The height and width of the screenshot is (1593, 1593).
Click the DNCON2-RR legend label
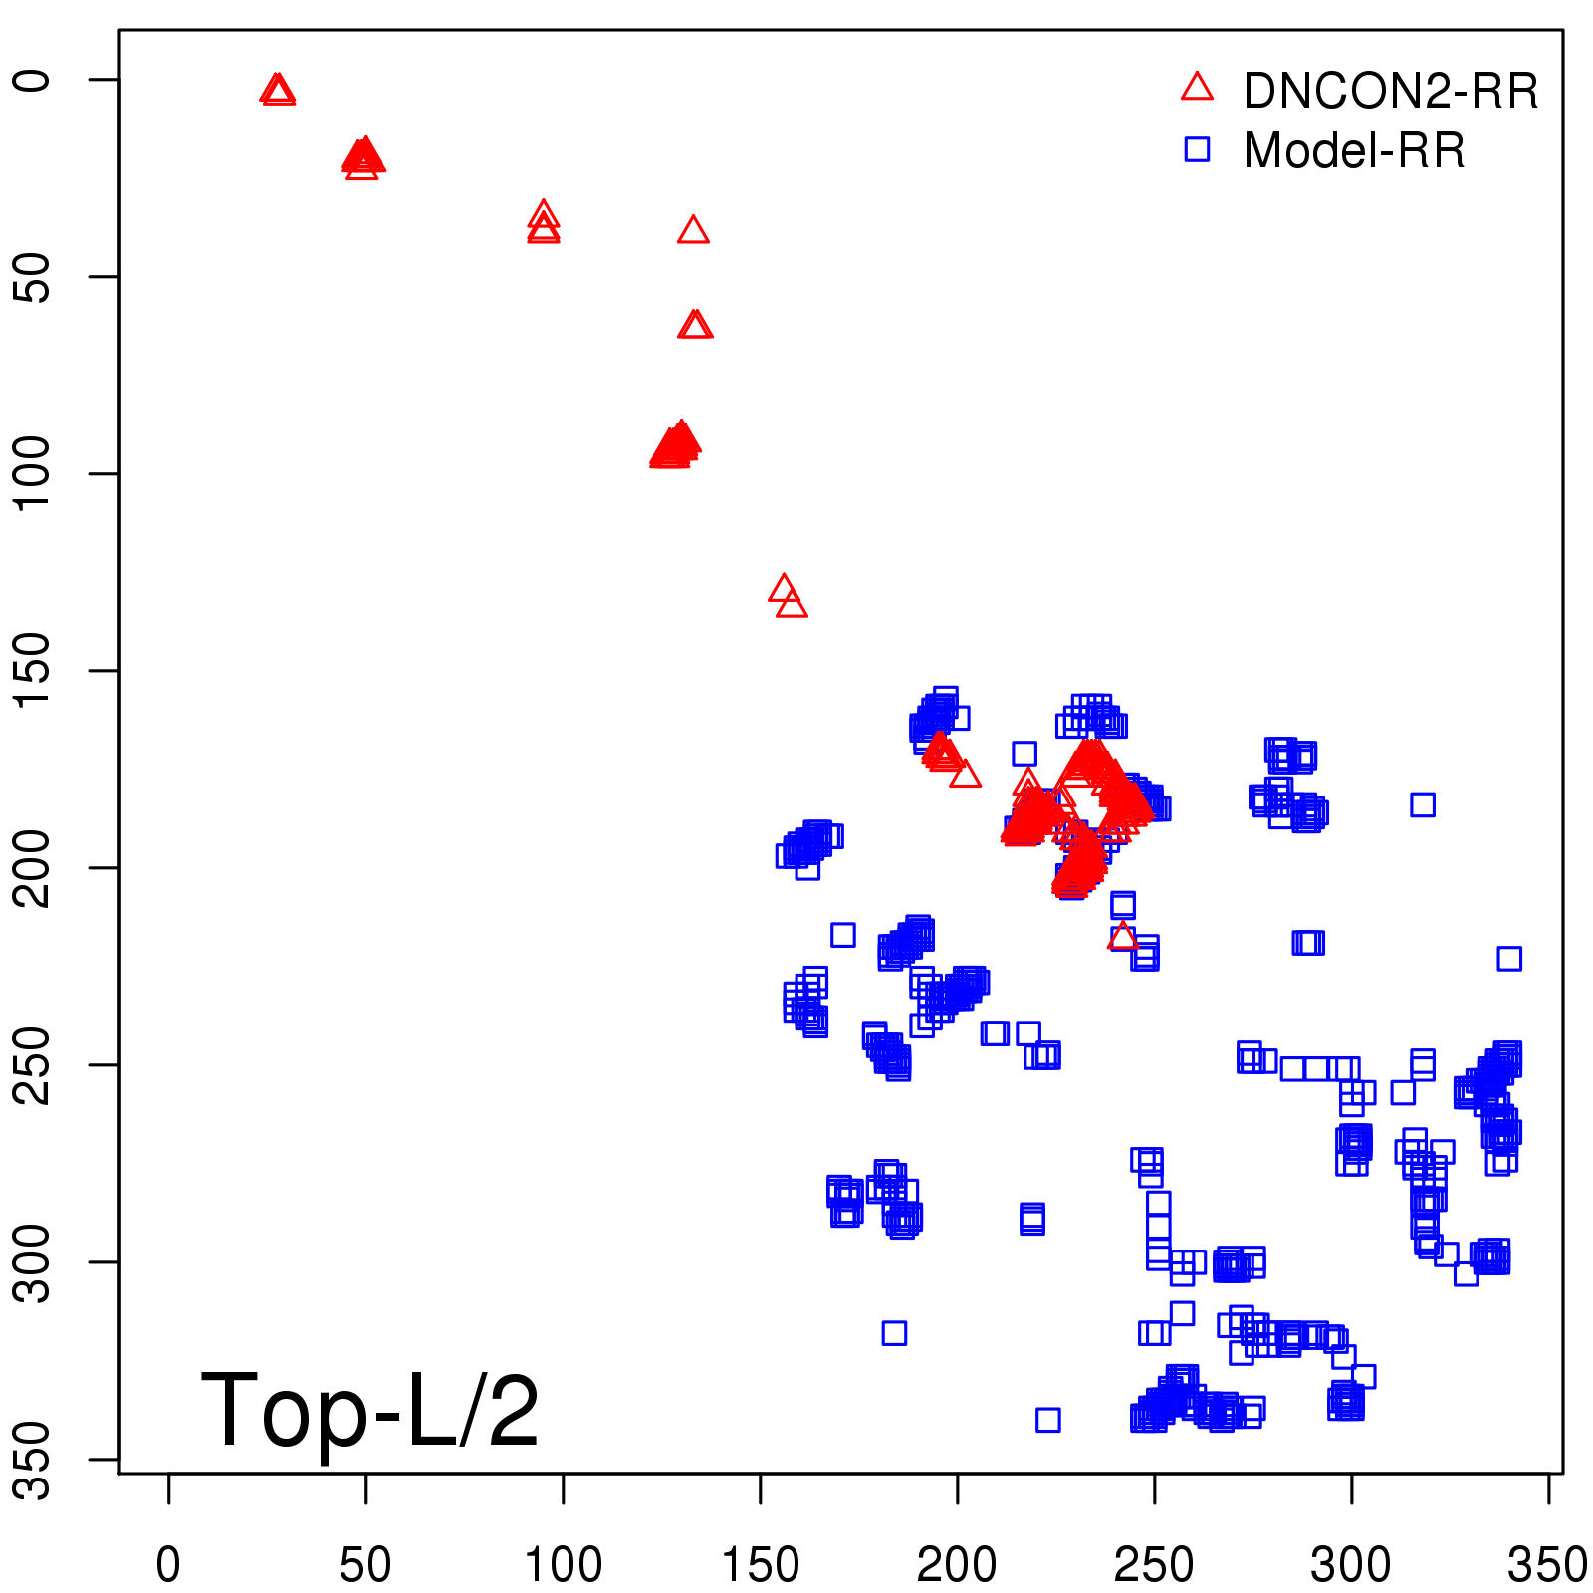tap(1390, 91)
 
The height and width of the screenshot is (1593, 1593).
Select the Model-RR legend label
tap(1354, 151)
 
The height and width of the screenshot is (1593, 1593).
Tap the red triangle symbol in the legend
tap(1197, 88)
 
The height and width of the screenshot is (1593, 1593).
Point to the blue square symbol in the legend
tap(1197, 150)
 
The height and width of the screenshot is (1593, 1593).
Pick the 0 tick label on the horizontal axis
tap(168, 1565)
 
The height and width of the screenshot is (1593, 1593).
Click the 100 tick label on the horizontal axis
tap(563, 1565)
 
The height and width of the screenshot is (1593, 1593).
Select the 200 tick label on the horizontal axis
tap(957, 1565)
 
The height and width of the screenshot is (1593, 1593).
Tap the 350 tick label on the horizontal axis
tap(1547, 1565)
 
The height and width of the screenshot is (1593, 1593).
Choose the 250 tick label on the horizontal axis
tap(1154, 1565)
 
